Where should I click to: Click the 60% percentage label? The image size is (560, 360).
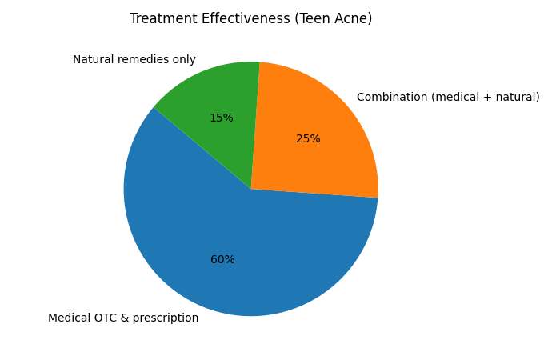[x=222, y=260]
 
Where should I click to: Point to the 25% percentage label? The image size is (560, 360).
[x=308, y=139]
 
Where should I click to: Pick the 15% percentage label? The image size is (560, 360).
[x=222, y=118]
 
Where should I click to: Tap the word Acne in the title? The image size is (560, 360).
[x=353, y=18]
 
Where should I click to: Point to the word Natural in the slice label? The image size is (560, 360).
[x=93, y=60]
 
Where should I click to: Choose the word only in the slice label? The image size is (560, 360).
[x=185, y=60]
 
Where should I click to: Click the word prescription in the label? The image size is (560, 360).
[x=166, y=318]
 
